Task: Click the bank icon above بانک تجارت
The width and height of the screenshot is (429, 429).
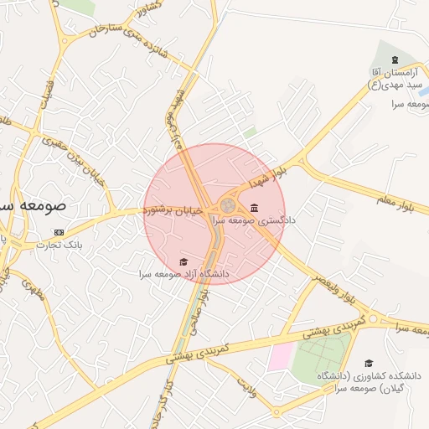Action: [x=58, y=232]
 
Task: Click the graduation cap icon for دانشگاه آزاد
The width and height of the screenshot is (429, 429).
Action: [x=184, y=262]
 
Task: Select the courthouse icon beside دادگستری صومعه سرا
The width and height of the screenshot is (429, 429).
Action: [x=254, y=209]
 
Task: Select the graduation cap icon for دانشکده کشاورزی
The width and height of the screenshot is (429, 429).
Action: [x=369, y=364]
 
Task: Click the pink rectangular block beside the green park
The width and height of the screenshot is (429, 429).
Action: [x=280, y=356]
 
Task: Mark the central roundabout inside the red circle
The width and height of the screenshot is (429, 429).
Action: [x=227, y=205]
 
